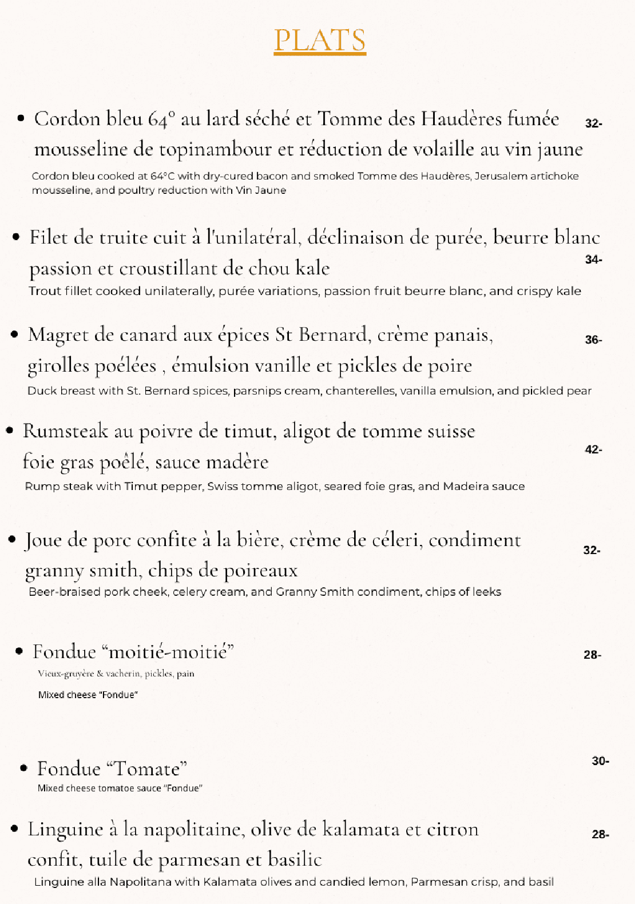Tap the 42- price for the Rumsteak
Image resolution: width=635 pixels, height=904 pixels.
(x=593, y=449)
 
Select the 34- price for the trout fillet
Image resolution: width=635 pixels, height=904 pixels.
(x=593, y=260)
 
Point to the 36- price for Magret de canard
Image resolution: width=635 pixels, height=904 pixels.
(x=593, y=340)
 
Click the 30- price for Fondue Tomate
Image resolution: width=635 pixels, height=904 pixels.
(x=600, y=761)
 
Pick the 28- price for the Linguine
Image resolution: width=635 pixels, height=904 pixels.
(x=600, y=835)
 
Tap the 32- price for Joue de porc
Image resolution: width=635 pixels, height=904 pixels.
(x=592, y=550)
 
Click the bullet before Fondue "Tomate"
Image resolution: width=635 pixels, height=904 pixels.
(x=23, y=768)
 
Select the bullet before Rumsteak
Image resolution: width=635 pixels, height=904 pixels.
(x=10, y=431)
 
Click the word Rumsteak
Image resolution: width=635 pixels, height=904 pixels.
(x=65, y=431)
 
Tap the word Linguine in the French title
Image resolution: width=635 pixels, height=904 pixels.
(x=65, y=830)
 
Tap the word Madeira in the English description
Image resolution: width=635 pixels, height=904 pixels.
(x=465, y=487)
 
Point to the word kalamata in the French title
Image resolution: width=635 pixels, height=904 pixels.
(x=360, y=830)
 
